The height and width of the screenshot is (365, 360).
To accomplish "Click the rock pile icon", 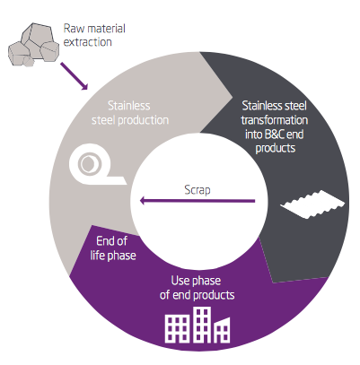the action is point(33,45).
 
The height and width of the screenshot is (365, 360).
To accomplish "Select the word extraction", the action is point(88,42).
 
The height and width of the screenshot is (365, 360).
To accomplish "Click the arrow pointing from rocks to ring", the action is point(75,76).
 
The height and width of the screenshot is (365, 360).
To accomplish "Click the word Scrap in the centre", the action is point(198,190).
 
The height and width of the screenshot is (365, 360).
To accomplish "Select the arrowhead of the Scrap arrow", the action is point(143,201).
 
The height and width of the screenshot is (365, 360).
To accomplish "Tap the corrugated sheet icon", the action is point(312,204).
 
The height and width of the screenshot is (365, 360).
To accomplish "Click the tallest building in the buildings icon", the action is point(202,325).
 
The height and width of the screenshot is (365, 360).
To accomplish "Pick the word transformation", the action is point(275,120).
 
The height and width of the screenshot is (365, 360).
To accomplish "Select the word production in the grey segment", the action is point(144,120).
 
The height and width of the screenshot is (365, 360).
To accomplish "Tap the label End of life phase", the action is point(113,248).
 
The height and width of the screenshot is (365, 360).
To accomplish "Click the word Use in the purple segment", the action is point(180,281).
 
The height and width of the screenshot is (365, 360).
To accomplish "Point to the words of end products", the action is point(197,295).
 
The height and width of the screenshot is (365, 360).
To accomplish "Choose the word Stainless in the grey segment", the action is point(129,106).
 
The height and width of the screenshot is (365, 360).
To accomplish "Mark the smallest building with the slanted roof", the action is point(222,331).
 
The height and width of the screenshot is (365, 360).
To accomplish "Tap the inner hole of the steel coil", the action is point(89,163).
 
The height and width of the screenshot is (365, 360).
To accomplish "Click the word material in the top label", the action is point(106,29).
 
